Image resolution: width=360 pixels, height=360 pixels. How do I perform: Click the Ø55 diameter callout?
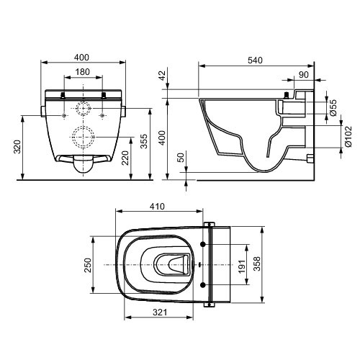pyautogui.click(x=332, y=108)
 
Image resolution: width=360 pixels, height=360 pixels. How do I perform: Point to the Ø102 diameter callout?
pyautogui.click(x=347, y=134)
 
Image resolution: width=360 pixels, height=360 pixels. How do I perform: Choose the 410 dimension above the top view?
pyautogui.click(x=157, y=206)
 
